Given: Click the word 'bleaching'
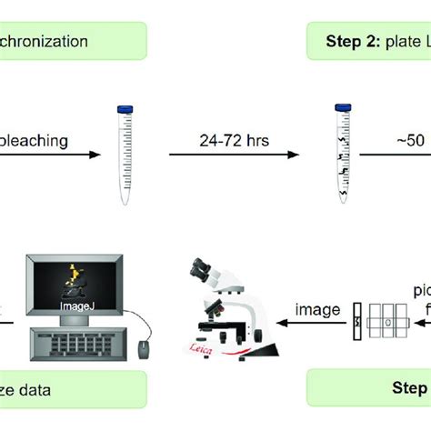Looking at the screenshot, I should click(35, 141).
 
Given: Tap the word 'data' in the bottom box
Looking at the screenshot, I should click(50, 392).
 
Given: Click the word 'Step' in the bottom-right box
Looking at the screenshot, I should click(409, 390).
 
